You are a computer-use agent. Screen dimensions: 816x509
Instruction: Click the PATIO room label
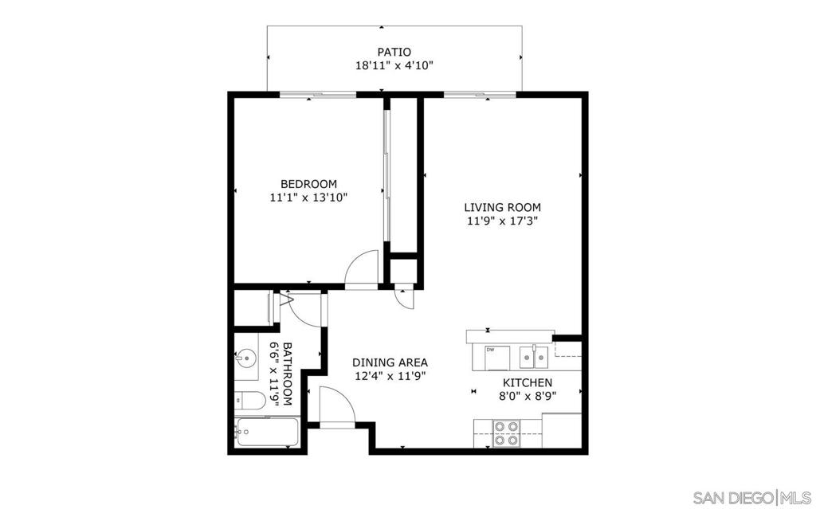click(x=394, y=52)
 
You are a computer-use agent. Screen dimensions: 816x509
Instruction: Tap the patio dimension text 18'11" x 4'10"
click(x=394, y=65)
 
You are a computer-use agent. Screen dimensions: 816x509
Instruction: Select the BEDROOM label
click(x=308, y=184)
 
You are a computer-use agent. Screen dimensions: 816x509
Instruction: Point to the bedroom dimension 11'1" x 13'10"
click(x=308, y=198)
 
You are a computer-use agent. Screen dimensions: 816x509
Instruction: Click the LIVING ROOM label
click(x=502, y=207)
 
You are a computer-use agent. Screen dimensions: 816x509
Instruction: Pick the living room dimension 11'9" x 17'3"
click(x=502, y=221)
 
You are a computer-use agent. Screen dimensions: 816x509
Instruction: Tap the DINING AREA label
click(x=390, y=362)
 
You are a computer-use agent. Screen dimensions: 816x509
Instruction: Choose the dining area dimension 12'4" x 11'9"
click(x=390, y=376)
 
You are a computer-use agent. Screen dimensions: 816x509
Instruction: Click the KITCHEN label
click(x=528, y=382)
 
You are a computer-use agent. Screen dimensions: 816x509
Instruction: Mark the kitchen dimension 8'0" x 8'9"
click(x=528, y=396)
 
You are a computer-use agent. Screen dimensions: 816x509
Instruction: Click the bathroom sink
click(x=245, y=358)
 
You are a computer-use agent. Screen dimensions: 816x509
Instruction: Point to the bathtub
click(x=266, y=432)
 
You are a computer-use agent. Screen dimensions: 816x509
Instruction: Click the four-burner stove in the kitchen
click(x=506, y=433)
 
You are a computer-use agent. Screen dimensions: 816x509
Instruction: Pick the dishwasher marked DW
click(x=496, y=358)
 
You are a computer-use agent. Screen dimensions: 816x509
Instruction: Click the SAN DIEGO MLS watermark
click(x=752, y=496)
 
